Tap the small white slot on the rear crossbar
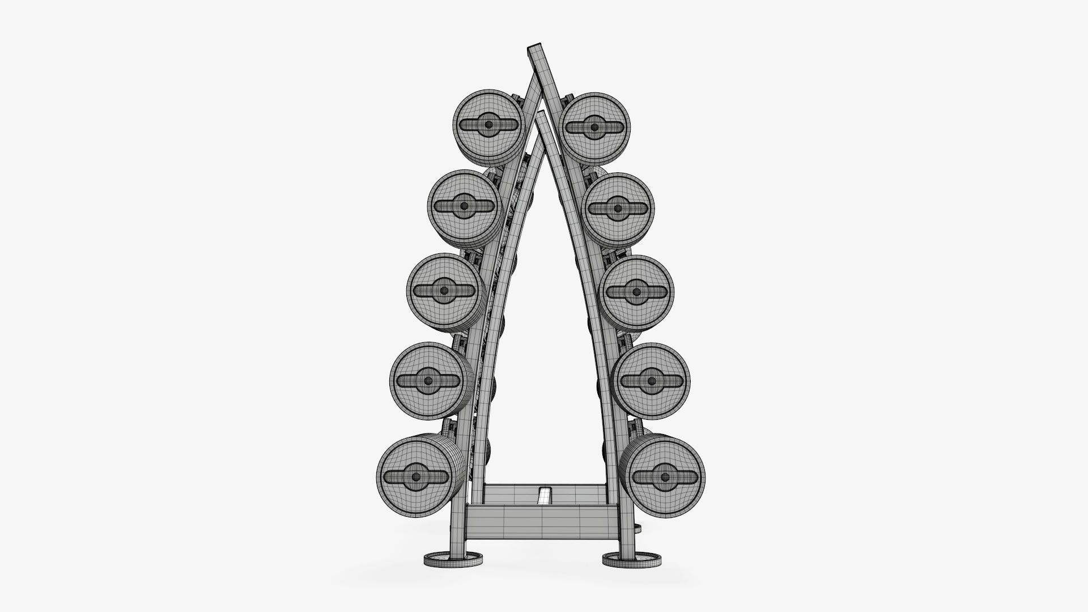[544, 495]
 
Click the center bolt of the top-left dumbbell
[488, 125]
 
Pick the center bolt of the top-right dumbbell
[594, 127]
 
